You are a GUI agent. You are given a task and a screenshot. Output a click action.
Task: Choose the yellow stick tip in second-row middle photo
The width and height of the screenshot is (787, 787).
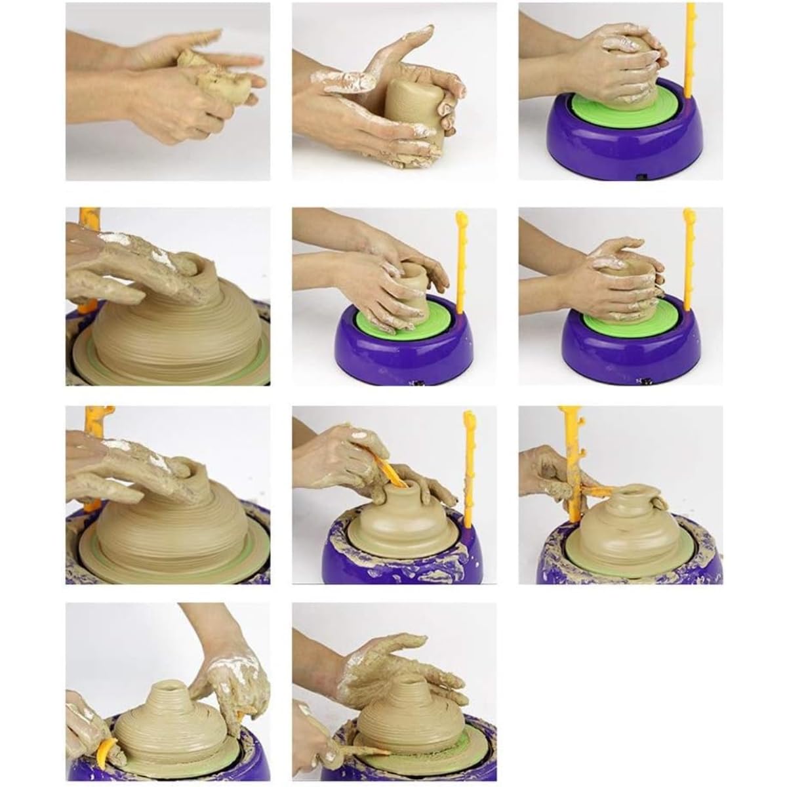point(461,219)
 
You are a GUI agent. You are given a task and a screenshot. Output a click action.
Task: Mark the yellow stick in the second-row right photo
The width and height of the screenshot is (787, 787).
point(689,262)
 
